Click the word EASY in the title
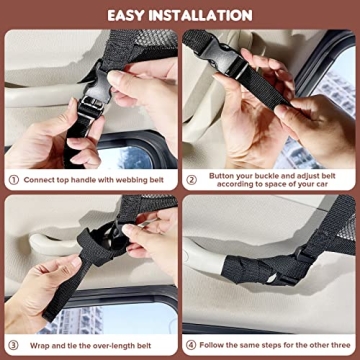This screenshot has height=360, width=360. click(x=134, y=15)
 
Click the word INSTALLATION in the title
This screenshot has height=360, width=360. click(x=205, y=15)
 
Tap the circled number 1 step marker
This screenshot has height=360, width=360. click(x=14, y=181)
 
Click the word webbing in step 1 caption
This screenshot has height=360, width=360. click(x=128, y=181)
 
